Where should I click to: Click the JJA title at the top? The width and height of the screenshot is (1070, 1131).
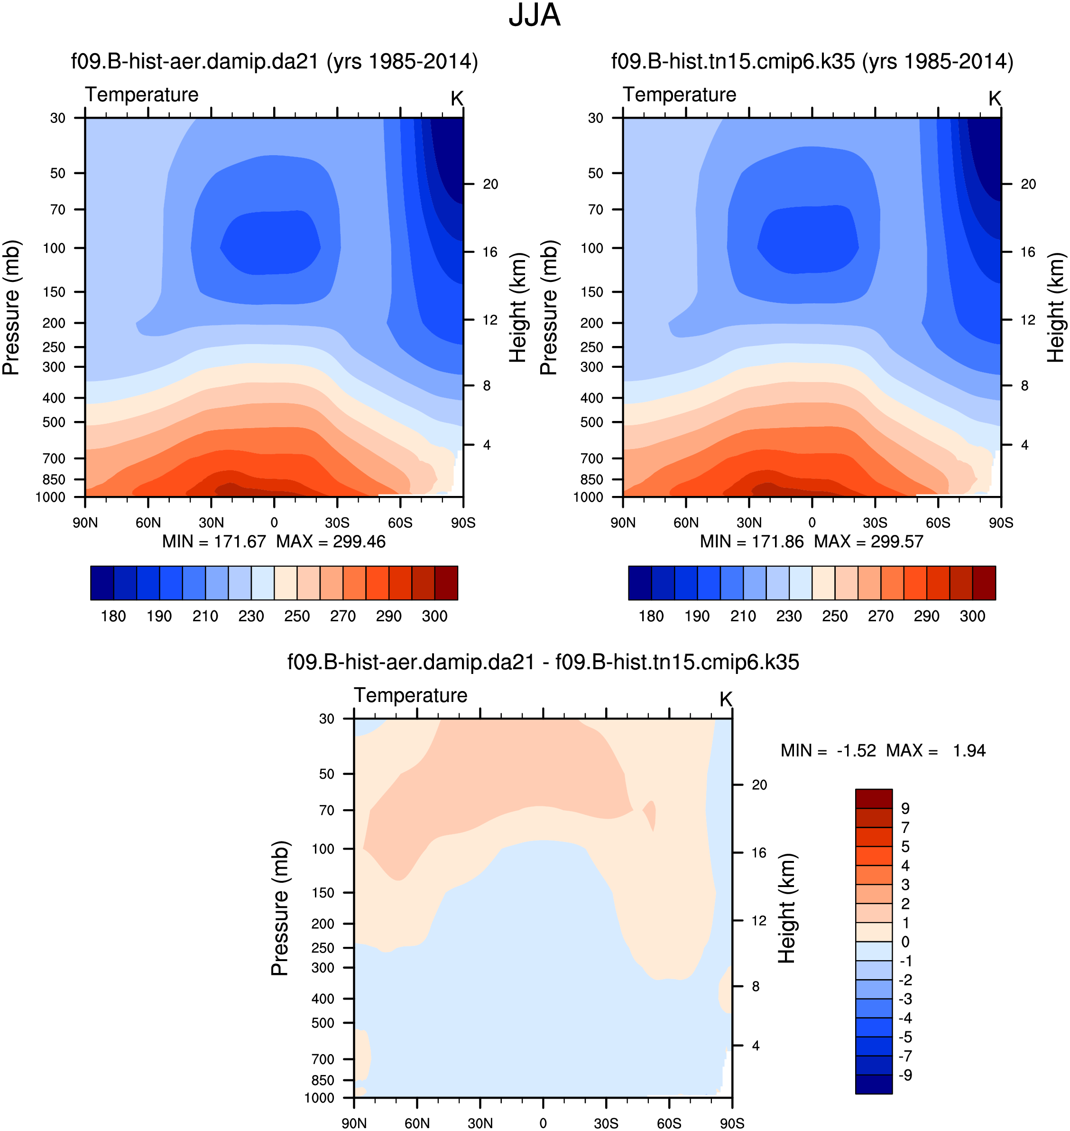pos(535,15)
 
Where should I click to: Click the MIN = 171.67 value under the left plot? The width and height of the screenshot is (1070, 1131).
pos(214,542)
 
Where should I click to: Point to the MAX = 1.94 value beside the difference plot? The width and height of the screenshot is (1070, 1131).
pos(935,750)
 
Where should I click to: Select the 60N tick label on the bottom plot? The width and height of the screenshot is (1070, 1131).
pos(417,1123)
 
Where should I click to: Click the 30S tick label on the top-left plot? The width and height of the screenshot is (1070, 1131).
pos(337,523)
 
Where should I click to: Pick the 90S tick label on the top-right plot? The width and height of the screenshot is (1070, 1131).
pos(1001,523)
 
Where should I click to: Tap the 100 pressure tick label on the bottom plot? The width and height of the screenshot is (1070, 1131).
pos(323,849)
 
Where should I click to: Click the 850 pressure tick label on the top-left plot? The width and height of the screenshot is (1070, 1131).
pos(54,479)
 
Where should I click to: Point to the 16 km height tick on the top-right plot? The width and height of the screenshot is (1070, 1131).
pos(1028,252)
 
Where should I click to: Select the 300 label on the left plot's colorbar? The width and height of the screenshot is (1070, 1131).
pos(434,617)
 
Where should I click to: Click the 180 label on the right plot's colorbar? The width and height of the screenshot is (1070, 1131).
pos(651,617)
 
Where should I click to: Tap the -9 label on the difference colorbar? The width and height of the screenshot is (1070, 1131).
pos(905,1075)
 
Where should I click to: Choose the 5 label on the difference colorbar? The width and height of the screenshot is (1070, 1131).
pos(905,846)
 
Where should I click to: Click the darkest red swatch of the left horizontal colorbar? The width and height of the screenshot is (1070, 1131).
pos(446,583)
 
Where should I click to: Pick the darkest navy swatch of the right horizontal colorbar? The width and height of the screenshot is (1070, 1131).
pos(640,583)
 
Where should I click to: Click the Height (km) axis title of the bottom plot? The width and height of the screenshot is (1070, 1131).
pos(786,908)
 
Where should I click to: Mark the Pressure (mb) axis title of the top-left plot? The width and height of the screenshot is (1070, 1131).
pos(11,308)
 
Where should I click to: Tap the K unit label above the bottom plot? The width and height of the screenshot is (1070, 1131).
pos(726,699)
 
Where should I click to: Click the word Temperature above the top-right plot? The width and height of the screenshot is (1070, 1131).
pos(679,95)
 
